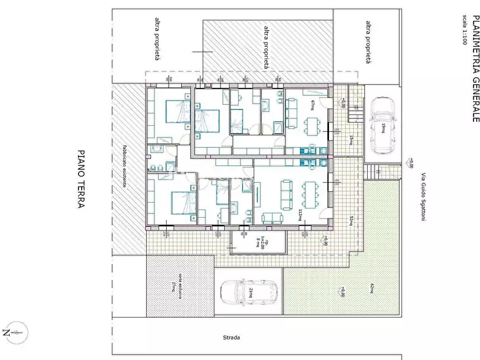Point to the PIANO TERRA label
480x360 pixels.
tap(81, 179)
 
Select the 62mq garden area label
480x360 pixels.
tap(370, 289)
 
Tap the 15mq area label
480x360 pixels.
tap(351, 140)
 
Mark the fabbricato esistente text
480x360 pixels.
tap(124, 165)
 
